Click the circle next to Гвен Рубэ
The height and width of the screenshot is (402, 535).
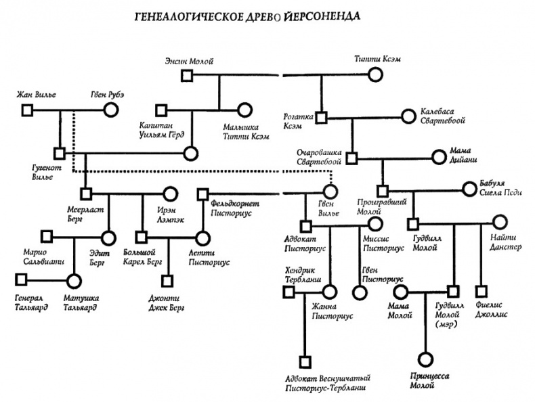tap(108, 110)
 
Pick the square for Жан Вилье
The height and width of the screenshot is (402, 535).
tap(26, 110)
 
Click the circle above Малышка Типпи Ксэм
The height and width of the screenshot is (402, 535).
tap(244, 110)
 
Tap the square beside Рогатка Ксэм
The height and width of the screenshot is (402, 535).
tap(322, 117)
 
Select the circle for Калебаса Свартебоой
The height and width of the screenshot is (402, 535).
tap(408, 117)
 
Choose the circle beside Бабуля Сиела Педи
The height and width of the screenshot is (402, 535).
tap(469, 190)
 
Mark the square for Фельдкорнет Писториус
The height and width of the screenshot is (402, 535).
tap(202, 195)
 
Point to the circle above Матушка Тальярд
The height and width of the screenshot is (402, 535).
tap(74, 278)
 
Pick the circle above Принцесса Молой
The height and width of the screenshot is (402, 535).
tap(425, 359)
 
